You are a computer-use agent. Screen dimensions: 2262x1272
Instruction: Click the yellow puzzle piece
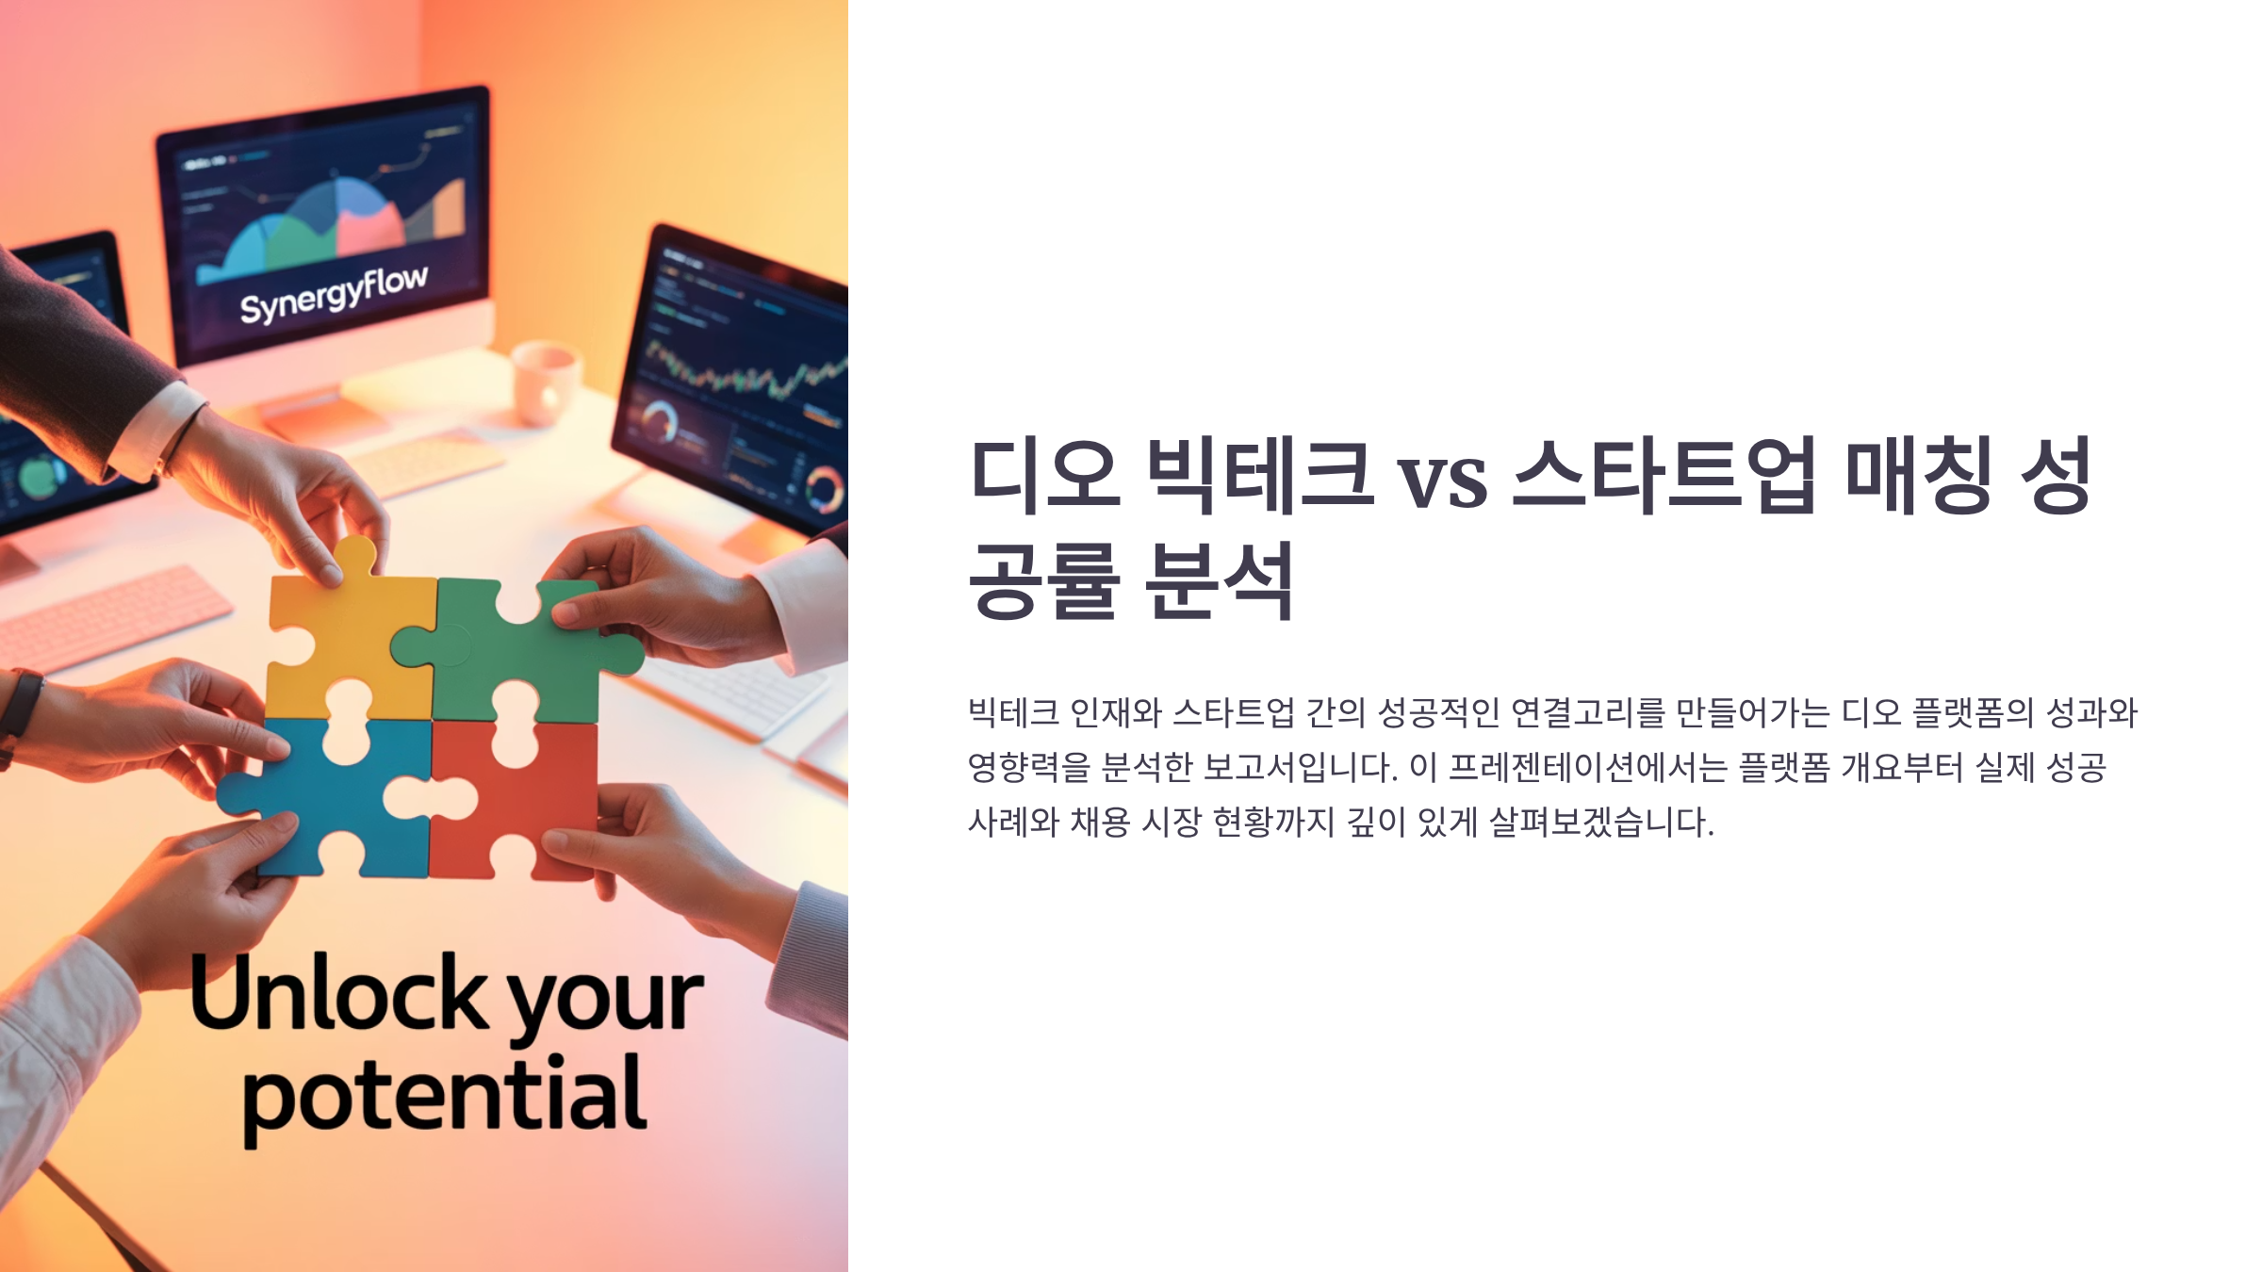349,641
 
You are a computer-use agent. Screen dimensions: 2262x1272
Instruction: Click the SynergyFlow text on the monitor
334,294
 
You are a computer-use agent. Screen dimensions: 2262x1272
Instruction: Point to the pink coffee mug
545,382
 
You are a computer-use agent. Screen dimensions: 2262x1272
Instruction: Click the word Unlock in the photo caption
339,993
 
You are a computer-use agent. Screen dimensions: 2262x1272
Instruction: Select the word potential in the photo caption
445,1098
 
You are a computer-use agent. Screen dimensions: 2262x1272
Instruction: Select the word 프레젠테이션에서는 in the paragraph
1587,767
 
